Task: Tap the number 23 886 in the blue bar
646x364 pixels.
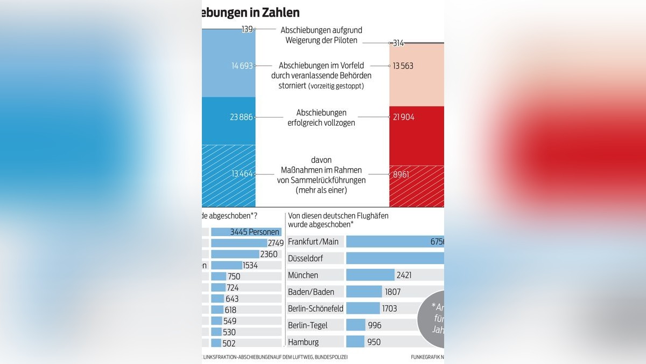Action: pos(242,117)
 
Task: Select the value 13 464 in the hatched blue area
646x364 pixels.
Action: pos(242,174)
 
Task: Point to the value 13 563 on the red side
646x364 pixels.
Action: pos(404,66)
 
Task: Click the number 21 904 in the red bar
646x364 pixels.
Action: pos(404,117)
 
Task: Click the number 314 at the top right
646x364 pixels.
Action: pos(398,43)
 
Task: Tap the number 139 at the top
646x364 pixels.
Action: pos(247,29)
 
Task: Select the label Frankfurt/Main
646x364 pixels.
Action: pos(313,242)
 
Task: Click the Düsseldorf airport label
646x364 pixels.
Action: pos(306,258)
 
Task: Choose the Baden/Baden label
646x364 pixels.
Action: pos(311,292)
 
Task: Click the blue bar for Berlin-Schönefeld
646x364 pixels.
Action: pos(363,308)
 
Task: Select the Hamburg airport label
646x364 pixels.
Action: pos(303,342)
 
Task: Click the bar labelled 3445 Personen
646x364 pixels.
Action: pos(246,232)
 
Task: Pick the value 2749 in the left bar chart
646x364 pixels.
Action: pos(276,243)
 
